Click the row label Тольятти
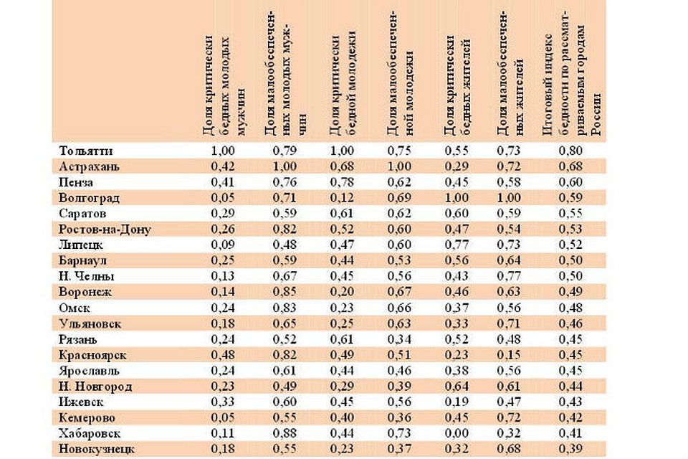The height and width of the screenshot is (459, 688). click(x=87, y=151)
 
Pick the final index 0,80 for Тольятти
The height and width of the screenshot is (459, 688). click(x=570, y=151)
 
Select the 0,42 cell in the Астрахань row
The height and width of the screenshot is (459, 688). click(x=222, y=166)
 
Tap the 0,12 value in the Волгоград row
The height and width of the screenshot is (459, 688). click(x=341, y=198)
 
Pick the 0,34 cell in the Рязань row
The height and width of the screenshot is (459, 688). click(x=399, y=340)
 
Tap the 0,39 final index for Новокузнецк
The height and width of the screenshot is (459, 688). click(x=570, y=450)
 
